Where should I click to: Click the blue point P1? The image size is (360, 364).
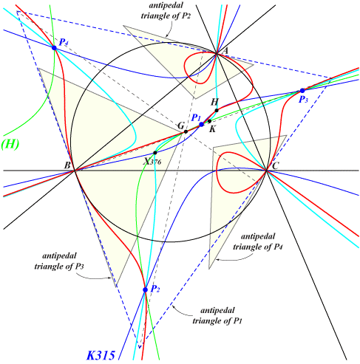coord(201,124)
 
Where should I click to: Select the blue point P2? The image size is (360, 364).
coord(146,289)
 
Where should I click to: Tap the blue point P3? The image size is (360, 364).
coord(302,91)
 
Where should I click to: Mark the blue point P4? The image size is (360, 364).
coord(54,48)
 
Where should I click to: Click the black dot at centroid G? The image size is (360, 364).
coord(186,131)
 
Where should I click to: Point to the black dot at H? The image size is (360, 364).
coord(217,110)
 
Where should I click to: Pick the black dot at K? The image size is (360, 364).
coord(209,121)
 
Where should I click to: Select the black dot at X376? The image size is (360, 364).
coord(155,153)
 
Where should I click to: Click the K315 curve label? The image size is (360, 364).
coord(101,355)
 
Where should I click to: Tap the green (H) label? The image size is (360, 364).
coord(10,144)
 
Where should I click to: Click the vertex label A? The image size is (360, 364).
coord(225,51)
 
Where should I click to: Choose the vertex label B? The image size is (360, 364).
coord(67,165)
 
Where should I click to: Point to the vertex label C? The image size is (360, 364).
coord(275,165)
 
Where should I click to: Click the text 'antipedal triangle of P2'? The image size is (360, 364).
coord(166,11)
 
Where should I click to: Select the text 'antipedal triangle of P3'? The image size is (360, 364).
coord(59,261)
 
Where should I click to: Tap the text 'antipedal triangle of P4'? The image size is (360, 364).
coord(258,241)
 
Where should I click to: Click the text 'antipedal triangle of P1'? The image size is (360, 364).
coord(217,315)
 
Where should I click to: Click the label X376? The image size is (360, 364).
coord(153,161)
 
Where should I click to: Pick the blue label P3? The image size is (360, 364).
coord(303,100)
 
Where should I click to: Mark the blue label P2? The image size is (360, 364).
coord(155,289)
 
